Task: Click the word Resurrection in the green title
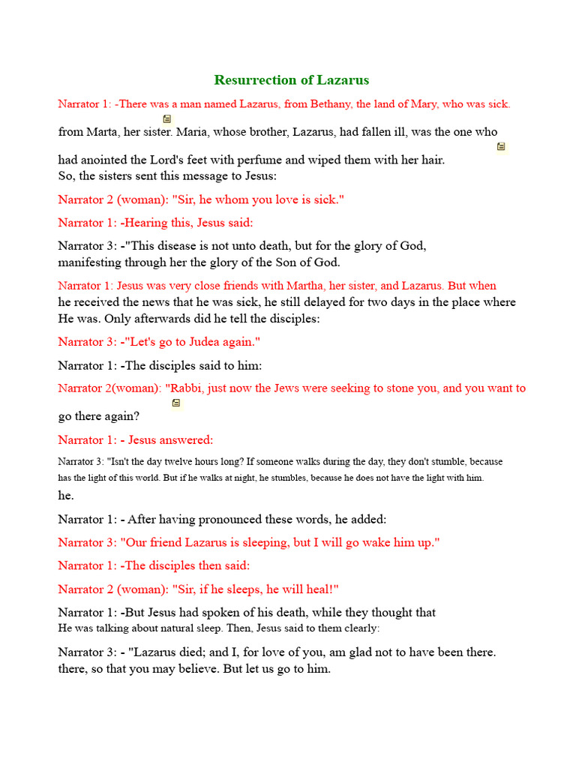point(253,80)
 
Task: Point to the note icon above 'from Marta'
point(167,118)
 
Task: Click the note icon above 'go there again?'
point(176,403)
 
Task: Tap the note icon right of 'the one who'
point(501,146)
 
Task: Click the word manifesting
point(91,262)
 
